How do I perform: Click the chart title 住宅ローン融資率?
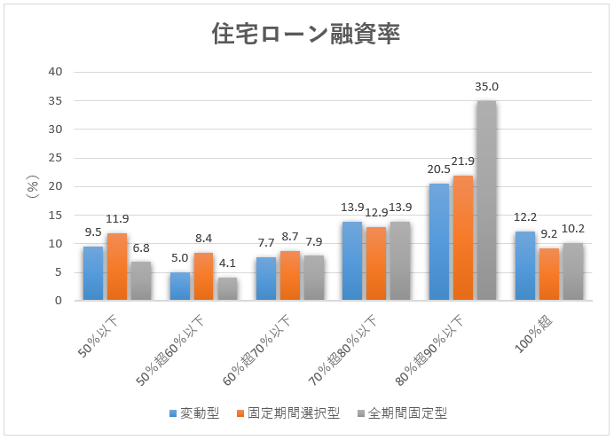[x=306, y=34]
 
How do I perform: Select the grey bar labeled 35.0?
[x=486, y=200]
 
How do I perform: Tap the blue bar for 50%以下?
[x=94, y=273]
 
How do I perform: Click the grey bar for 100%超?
[x=572, y=271]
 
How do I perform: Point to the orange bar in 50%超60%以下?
[x=203, y=277]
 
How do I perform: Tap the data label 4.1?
[x=226, y=263]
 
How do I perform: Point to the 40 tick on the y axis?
[x=55, y=72]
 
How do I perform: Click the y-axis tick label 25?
[x=55, y=158]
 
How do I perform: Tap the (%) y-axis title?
[x=33, y=186]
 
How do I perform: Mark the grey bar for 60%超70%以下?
[x=313, y=279]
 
